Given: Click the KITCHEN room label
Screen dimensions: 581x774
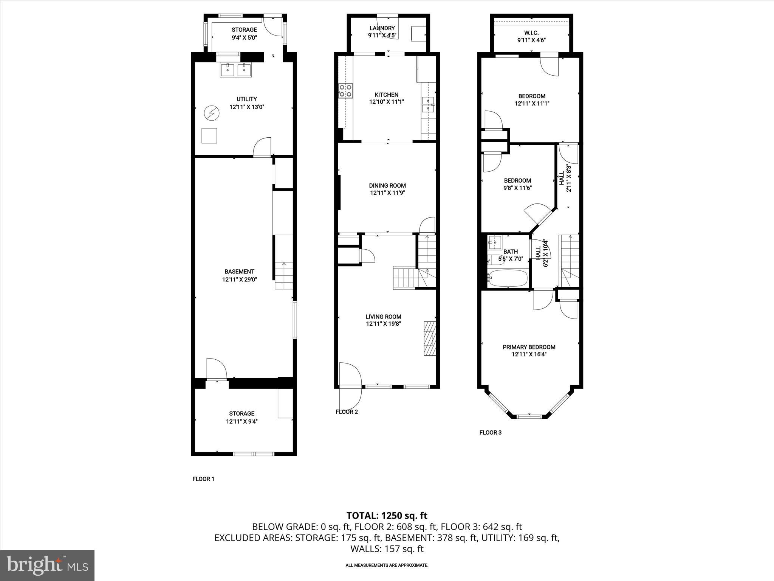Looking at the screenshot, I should tap(386, 95).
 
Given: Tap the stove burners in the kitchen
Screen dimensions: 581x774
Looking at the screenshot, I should tap(345, 90).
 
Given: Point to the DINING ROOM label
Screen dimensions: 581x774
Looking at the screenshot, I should tap(387, 185).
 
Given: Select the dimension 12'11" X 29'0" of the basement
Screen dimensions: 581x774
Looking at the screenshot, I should tap(239, 280).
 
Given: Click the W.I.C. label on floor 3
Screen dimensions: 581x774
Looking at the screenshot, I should tap(531, 33).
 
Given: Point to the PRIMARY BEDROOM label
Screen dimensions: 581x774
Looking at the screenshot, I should tap(529, 347).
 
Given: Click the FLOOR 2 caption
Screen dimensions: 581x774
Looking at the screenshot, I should tap(347, 412).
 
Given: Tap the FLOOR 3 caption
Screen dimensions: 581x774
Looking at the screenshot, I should tap(490, 432).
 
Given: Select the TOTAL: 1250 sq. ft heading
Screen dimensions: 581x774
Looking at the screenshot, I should tap(387, 516).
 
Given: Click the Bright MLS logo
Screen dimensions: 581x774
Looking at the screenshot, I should tap(47, 565).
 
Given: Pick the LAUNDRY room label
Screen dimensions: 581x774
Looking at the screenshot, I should tap(382, 28).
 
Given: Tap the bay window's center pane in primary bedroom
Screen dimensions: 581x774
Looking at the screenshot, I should tap(529, 416).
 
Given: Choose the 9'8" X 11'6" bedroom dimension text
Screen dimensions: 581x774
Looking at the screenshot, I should tap(517, 188).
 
